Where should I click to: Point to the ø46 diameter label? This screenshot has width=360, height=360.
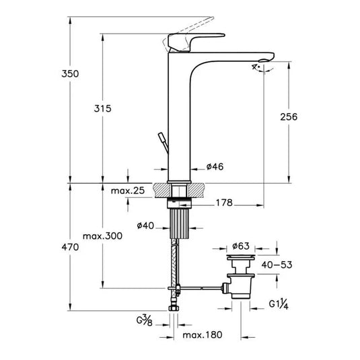[x=215, y=167]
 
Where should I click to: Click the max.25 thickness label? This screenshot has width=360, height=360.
[x=128, y=192]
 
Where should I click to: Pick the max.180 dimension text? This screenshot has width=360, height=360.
[x=201, y=334]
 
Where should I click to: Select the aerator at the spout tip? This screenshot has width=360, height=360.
[x=261, y=65]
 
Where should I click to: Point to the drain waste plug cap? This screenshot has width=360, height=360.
[x=240, y=258]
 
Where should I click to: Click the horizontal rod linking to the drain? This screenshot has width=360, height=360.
[x=202, y=289]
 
